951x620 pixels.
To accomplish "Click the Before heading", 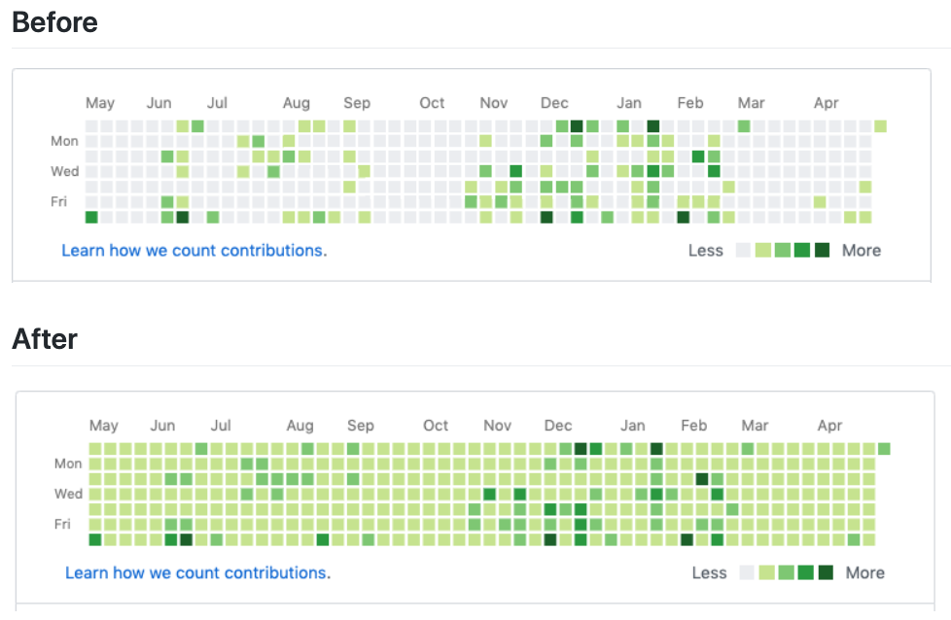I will (54, 21).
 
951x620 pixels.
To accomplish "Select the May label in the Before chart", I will (100, 103).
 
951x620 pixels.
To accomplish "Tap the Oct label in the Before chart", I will (432, 103).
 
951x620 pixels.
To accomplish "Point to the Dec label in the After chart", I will (558, 426).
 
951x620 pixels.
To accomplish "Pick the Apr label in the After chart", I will (829, 426).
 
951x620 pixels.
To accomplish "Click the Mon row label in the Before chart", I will (64, 141).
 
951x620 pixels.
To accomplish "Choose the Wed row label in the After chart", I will (68, 494).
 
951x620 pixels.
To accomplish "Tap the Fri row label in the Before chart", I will (61, 202).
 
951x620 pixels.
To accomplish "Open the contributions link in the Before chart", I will (194, 250).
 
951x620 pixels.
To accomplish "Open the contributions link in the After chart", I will (198, 572).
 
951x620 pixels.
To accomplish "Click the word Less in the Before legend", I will (705, 250).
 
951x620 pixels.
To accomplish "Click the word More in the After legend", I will (865, 572).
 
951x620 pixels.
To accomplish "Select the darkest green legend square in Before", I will (822, 250).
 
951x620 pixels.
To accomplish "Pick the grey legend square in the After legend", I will (747, 572).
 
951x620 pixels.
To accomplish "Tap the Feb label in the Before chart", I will (690, 103).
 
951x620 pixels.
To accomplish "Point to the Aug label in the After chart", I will (300, 426).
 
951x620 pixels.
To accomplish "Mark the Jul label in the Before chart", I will (217, 103).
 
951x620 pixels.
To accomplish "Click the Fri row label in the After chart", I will (63, 525).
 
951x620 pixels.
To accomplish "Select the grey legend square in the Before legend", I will (743, 250).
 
